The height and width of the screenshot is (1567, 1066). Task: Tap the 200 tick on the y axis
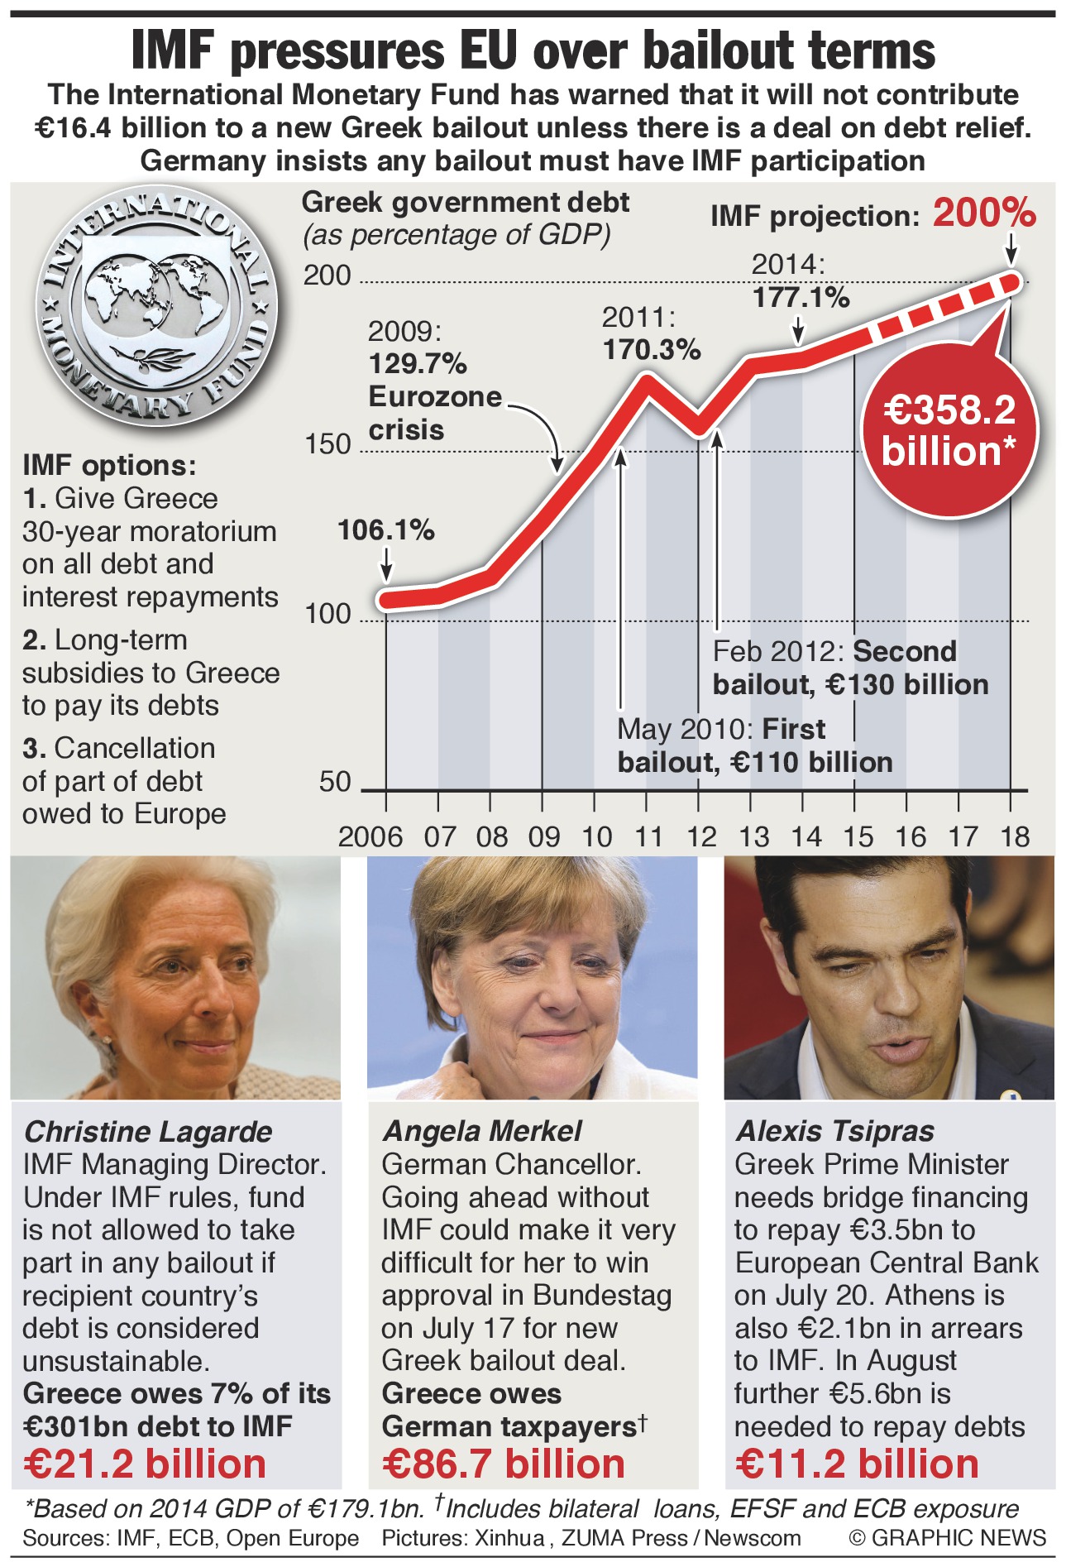327,276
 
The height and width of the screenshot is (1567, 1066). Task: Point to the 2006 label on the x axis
370,837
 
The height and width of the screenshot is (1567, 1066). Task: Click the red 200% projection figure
984,213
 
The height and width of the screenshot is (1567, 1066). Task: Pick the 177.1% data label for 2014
801,297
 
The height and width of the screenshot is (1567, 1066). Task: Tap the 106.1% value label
386,530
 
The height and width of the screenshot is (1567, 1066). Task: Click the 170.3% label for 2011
652,349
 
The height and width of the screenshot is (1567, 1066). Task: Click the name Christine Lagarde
148,1131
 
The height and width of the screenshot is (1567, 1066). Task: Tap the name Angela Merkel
482,1131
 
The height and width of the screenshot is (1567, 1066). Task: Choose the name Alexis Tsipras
834,1131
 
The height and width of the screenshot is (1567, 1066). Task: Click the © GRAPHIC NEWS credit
947,1537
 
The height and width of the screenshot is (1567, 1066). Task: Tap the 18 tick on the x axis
1015,837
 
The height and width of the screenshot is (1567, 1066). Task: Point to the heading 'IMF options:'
109,465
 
